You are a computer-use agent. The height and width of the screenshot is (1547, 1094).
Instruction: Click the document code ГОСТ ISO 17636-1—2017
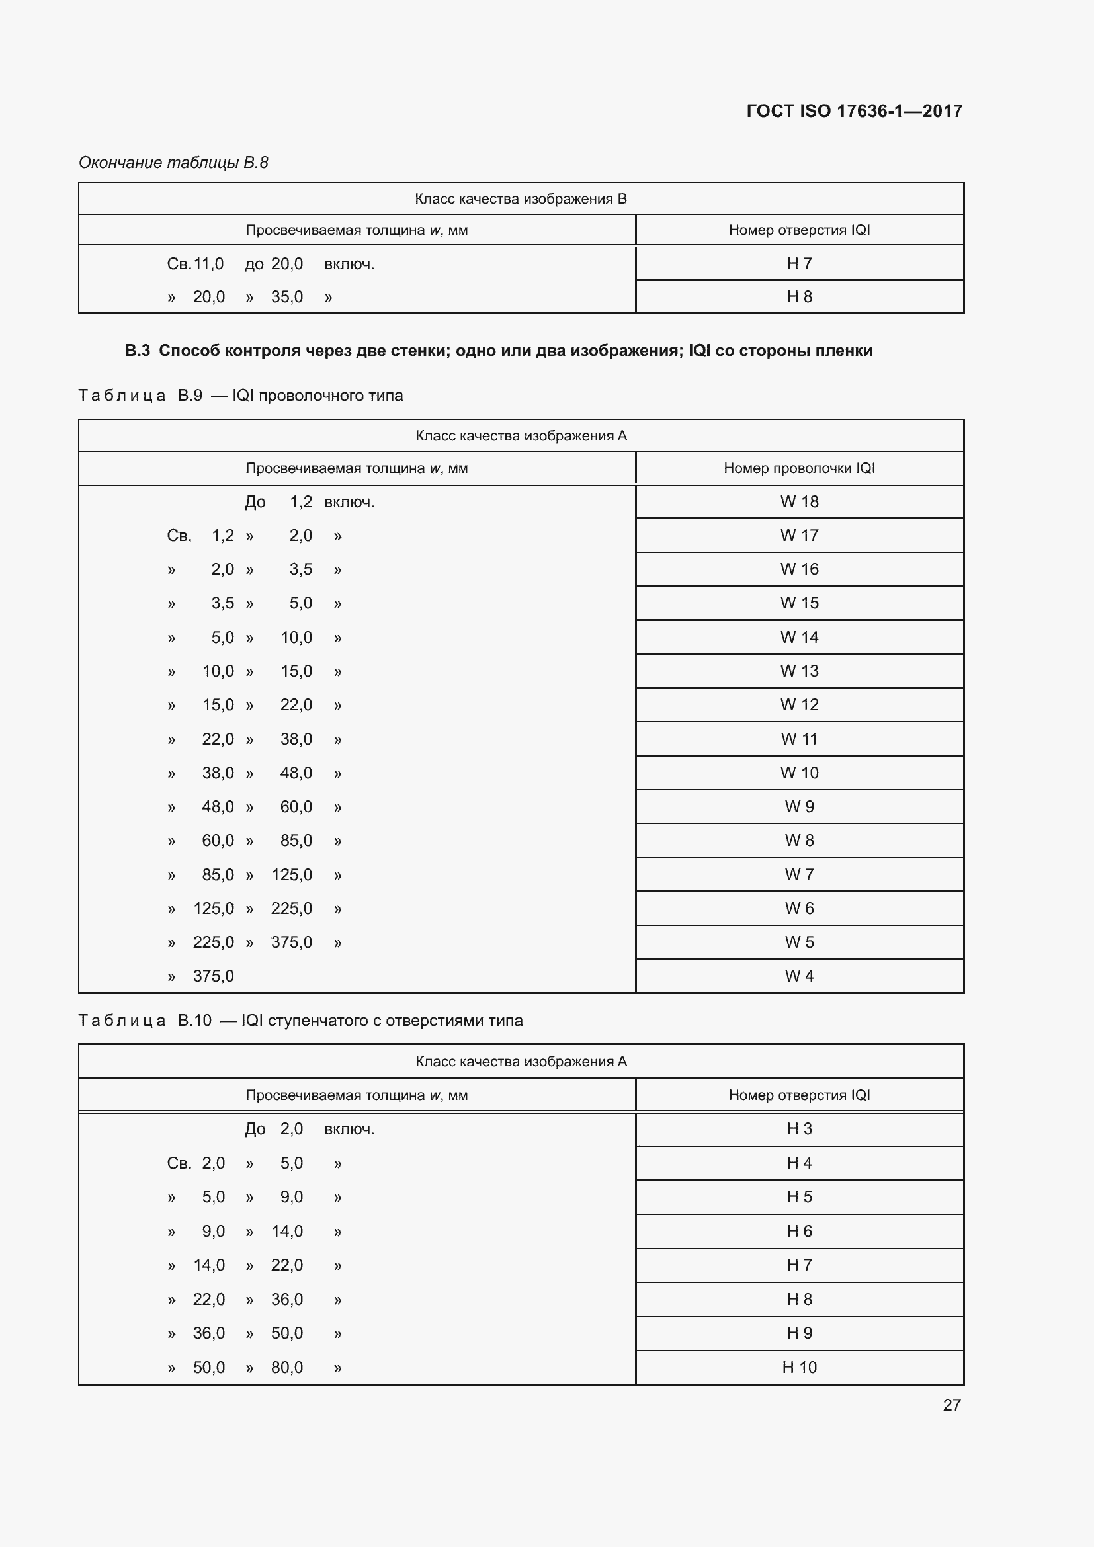click(853, 111)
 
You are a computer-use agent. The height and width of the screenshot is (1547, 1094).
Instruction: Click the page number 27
click(951, 1405)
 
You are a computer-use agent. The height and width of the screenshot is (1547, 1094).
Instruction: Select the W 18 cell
click(799, 501)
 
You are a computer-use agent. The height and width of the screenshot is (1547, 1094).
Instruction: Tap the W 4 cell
click(799, 976)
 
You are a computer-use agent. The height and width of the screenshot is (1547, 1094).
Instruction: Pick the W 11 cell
click(799, 739)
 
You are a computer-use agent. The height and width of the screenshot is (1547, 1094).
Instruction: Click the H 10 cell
click(799, 1367)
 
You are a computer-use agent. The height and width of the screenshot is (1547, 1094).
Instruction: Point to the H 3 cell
click(799, 1128)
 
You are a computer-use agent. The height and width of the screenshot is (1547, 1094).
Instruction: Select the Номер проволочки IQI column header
click(799, 468)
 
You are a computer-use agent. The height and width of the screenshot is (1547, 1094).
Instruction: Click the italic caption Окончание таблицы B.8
click(173, 163)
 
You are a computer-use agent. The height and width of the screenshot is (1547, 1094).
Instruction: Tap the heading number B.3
click(138, 351)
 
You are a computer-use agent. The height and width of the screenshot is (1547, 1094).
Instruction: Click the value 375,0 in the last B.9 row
click(214, 976)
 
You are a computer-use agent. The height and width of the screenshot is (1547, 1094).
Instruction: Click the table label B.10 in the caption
click(194, 1020)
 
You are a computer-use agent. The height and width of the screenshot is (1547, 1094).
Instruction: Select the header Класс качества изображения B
click(521, 199)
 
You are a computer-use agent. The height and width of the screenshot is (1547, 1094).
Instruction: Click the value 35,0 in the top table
click(287, 296)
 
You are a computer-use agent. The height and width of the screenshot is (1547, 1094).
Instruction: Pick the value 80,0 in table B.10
click(287, 1367)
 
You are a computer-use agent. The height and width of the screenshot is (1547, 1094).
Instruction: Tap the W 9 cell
click(799, 806)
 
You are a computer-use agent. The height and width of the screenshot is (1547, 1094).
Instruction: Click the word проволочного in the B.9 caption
click(304, 396)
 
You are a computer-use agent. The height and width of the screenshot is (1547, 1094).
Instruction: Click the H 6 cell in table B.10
click(799, 1231)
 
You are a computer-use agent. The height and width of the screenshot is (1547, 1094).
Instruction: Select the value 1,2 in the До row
click(300, 501)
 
